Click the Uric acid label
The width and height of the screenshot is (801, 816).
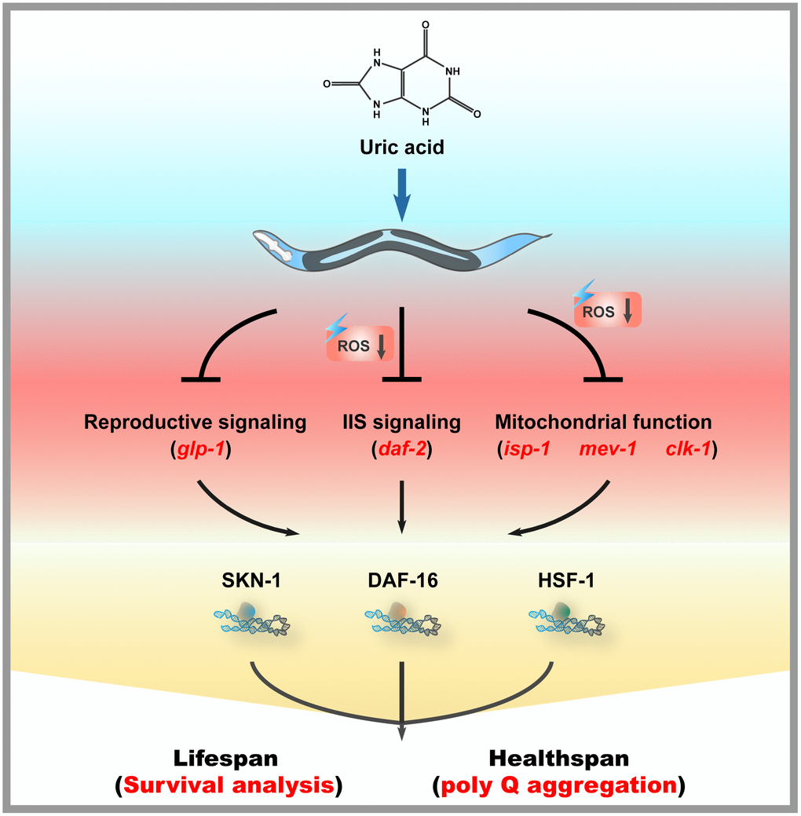[401, 146]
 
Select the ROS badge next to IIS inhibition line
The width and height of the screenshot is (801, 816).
[357, 345]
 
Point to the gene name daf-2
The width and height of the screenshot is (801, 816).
[402, 452]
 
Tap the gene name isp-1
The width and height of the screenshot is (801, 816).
[529, 452]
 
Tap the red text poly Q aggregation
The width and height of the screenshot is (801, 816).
[559, 785]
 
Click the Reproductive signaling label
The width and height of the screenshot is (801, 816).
[195, 423]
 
